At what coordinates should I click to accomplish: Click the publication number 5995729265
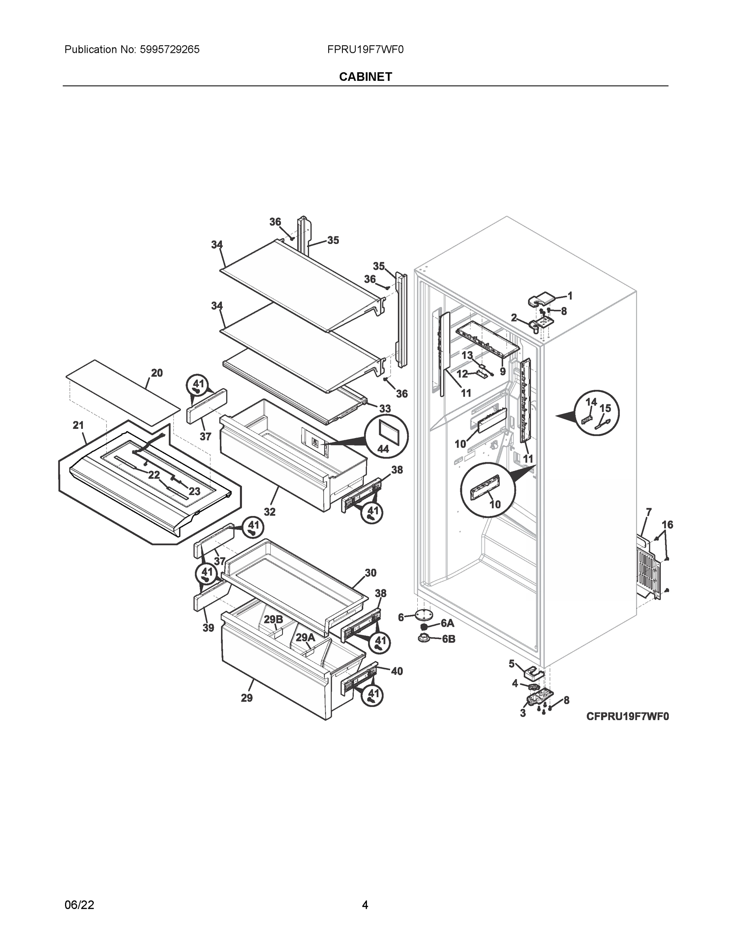[169, 50]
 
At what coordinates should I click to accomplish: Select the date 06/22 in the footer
[79, 905]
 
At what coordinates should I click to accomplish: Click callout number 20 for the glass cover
[157, 373]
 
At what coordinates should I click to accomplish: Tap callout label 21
[78, 425]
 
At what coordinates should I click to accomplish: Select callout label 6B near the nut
[448, 639]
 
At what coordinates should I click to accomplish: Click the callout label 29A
[305, 638]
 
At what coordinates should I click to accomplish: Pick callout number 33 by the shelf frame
[385, 408]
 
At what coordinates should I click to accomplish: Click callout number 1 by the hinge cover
[570, 296]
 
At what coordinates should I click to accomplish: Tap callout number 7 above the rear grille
[648, 512]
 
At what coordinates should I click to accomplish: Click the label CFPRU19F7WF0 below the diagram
[627, 717]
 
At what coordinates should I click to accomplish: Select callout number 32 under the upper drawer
[270, 512]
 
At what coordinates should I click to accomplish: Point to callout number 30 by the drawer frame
[370, 573]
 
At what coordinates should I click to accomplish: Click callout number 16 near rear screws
[667, 525]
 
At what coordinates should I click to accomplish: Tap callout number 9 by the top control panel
[502, 371]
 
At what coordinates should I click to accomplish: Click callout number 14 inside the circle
[591, 402]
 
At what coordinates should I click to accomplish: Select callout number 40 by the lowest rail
[397, 671]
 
